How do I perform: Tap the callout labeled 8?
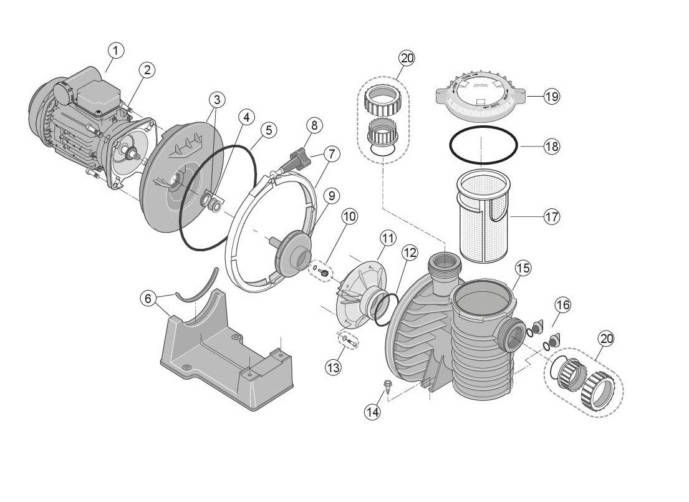click(314, 125)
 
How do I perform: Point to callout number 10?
click(349, 217)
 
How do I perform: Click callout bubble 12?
click(409, 253)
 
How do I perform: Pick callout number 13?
click(334, 368)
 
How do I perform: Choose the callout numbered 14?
click(373, 412)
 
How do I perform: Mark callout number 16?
click(562, 305)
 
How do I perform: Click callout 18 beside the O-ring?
click(551, 147)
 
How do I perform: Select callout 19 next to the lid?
click(551, 97)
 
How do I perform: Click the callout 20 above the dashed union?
click(407, 59)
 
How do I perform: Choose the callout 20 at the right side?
click(605, 339)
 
